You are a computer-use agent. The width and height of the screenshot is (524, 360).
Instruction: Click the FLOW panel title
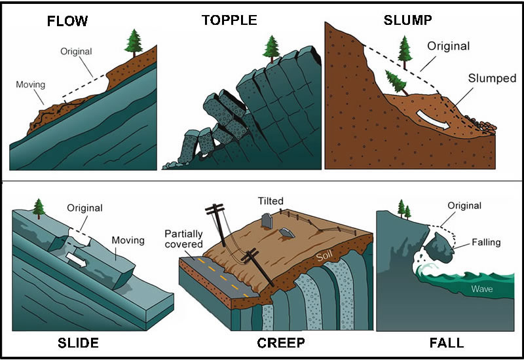pyautogui.click(x=67, y=20)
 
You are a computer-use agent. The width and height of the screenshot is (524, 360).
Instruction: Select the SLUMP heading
pyautogui.click(x=407, y=20)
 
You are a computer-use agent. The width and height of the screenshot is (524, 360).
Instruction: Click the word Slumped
pyautogui.click(x=492, y=78)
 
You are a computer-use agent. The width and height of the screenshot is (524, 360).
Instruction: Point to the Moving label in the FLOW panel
pyautogui.click(x=30, y=84)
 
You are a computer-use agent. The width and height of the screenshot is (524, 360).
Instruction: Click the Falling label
pyautogui.click(x=486, y=242)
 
